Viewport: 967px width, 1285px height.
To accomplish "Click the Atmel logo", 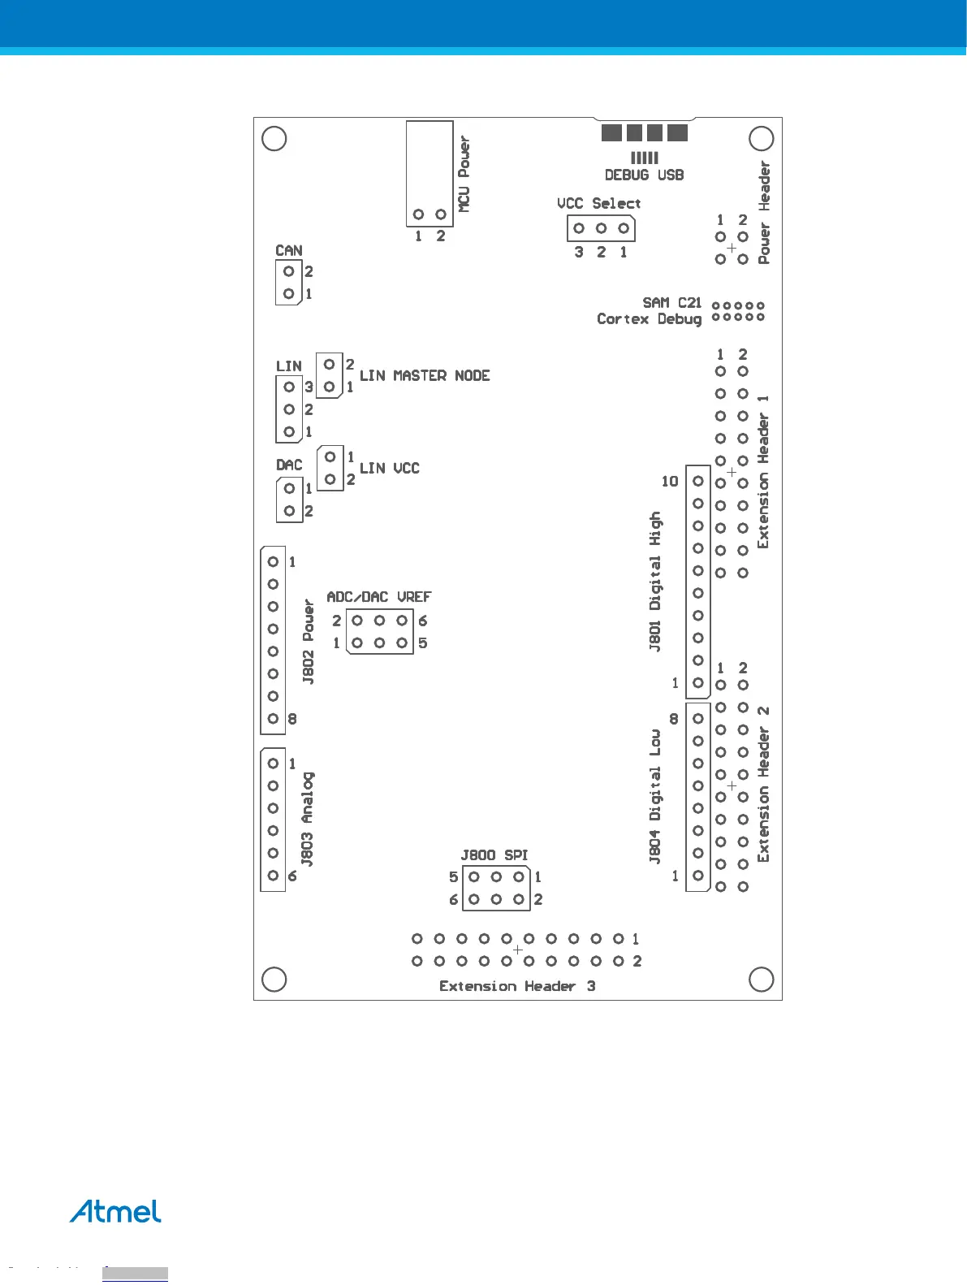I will click(x=115, y=1211).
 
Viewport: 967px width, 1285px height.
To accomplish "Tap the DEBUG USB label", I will click(x=644, y=175).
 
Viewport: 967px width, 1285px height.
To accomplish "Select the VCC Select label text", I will click(x=598, y=203).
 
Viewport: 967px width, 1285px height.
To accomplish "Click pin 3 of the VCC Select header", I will click(x=579, y=228).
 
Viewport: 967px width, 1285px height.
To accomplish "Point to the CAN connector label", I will click(x=289, y=250).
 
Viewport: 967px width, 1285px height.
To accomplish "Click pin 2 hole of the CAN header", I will click(x=288, y=271).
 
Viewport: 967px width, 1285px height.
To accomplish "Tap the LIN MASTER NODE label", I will click(x=425, y=375).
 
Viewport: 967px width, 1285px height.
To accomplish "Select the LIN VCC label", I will click(x=390, y=468).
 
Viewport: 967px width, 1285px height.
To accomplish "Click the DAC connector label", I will click(x=289, y=465).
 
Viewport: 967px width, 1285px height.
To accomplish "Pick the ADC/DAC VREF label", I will click(x=379, y=597).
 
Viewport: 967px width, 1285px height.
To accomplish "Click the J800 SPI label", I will click(x=494, y=855).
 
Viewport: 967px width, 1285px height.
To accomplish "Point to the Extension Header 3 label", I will click(x=517, y=986).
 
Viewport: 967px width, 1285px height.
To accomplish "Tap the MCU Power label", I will click(x=464, y=174).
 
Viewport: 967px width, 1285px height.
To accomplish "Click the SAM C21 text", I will click(x=672, y=302).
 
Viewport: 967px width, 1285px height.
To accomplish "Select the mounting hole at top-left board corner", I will click(x=274, y=139).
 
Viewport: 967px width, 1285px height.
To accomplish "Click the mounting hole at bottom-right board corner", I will click(x=761, y=980).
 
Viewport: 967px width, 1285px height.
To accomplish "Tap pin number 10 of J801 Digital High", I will click(x=670, y=481).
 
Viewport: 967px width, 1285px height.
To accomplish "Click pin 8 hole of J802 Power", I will click(x=273, y=718).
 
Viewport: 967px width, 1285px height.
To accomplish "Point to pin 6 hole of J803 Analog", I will click(x=273, y=876).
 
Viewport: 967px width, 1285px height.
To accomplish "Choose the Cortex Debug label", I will click(x=650, y=318).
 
